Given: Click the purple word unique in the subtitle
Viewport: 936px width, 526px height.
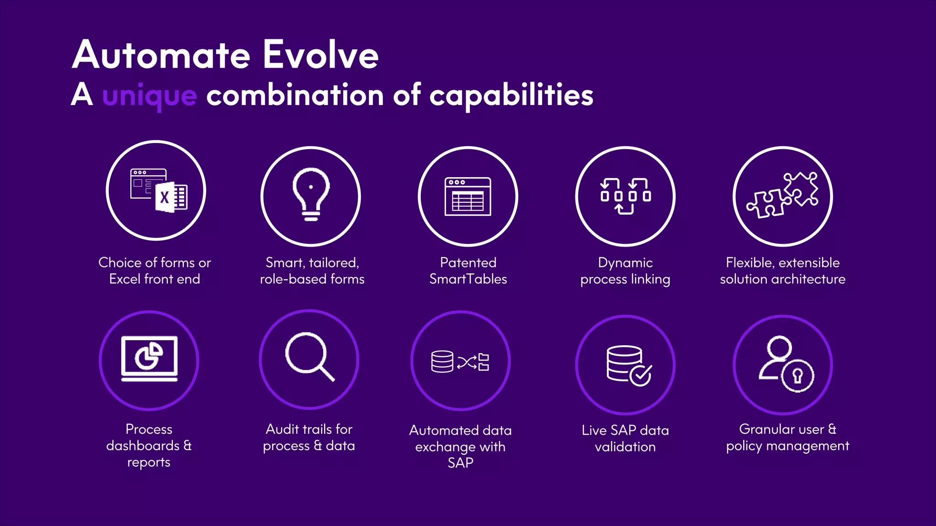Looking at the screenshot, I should pyautogui.click(x=149, y=96).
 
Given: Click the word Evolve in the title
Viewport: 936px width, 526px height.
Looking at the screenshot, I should pyautogui.click(x=320, y=55).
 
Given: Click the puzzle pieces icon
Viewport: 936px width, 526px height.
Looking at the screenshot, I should pyautogui.click(x=782, y=195).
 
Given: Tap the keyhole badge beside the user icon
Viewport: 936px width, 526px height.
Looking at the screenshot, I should pyautogui.click(x=798, y=376).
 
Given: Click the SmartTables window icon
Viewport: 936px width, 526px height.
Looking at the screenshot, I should pyautogui.click(x=468, y=196).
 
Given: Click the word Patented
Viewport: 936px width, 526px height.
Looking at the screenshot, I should pyautogui.click(x=468, y=263).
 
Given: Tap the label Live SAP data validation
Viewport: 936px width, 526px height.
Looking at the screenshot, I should pyautogui.click(x=625, y=438).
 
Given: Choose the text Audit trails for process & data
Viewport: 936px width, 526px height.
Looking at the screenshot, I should pyautogui.click(x=309, y=437).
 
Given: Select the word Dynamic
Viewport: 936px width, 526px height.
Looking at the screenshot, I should pyautogui.click(x=625, y=263).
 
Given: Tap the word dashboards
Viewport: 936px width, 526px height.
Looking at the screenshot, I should pyautogui.click(x=143, y=446).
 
